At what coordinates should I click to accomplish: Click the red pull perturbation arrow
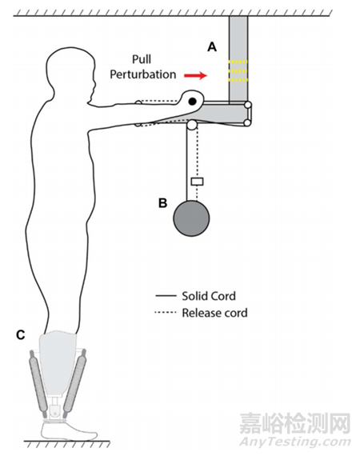pos(195,76)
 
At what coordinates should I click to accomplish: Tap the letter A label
pos(212,46)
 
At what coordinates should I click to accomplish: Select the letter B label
pos(163,202)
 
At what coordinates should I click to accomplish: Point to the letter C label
pos(20,335)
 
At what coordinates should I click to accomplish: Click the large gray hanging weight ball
pos(191,218)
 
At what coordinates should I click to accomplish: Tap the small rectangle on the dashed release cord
pos(197,182)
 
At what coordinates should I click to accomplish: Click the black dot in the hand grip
pos(193,102)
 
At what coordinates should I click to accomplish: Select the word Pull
pos(142,59)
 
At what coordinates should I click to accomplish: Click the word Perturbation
pos(142,74)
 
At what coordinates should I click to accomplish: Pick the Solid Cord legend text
pos(209,296)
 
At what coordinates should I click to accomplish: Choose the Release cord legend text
pos(215,313)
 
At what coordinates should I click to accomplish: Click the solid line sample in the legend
pos(166,296)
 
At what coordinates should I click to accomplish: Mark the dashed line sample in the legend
pos(166,313)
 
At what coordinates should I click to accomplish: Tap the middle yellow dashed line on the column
pos(238,70)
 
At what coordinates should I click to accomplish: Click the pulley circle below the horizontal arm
pos(192,125)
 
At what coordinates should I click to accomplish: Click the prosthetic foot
pos(67,431)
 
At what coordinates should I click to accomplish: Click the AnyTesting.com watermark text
pos(294,442)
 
